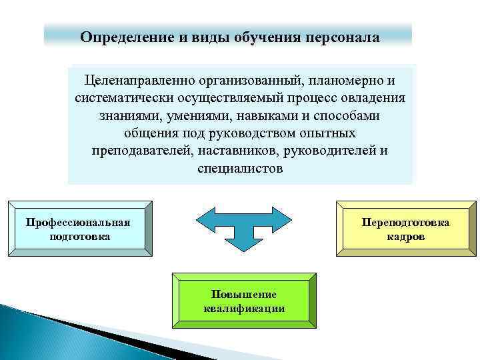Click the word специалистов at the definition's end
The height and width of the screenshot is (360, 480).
(x=240, y=168)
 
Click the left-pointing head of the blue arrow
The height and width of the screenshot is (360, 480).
(x=203, y=221)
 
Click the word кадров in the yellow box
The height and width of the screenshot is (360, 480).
(x=405, y=237)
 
